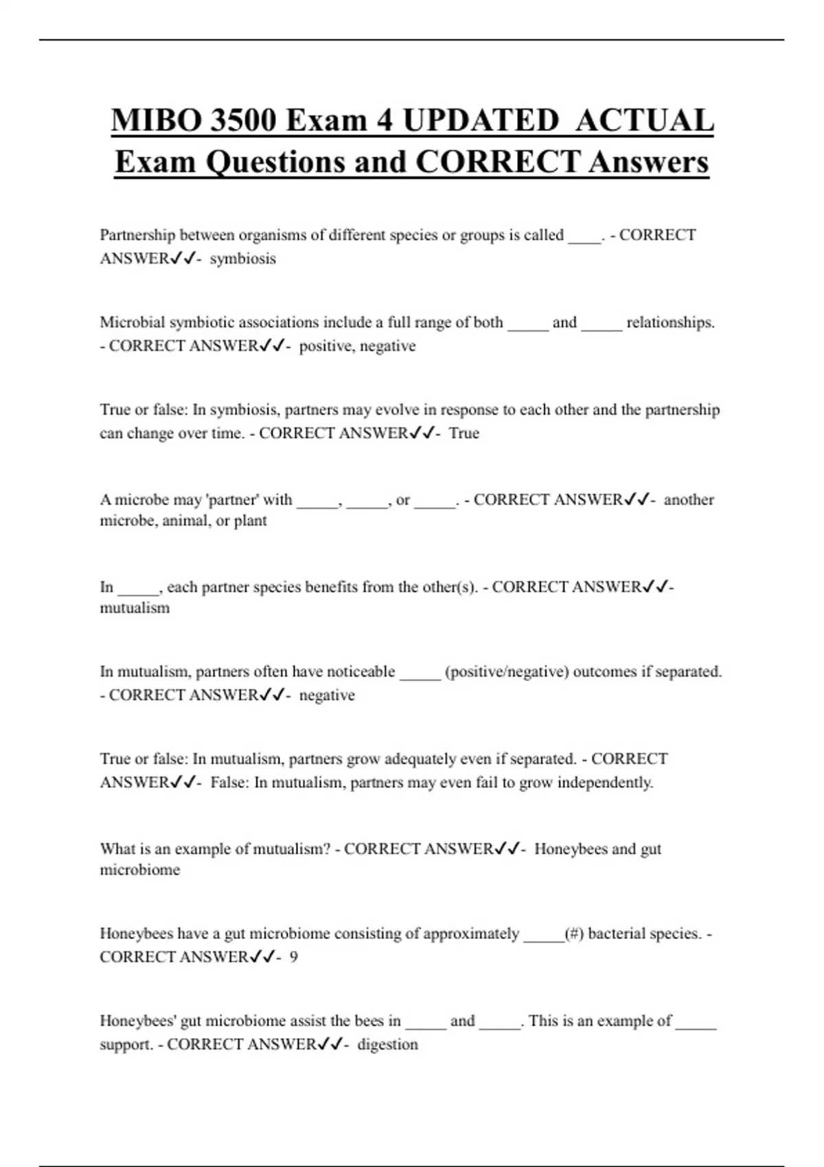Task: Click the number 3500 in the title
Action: tap(243, 121)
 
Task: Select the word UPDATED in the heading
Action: tap(481, 121)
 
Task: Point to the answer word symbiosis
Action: tap(242, 259)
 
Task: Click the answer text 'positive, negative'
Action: tap(357, 346)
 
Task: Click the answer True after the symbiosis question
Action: tap(464, 433)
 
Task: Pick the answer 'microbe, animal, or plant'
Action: tap(183, 520)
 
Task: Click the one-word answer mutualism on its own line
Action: tap(135, 608)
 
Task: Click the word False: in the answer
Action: tap(229, 783)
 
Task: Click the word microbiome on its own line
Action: tap(140, 870)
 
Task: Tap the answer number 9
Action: tap(294, 957)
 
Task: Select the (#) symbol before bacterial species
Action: tap(574, 934)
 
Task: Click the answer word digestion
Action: tap(388, 1044)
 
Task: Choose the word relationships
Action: tap(670, 322)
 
